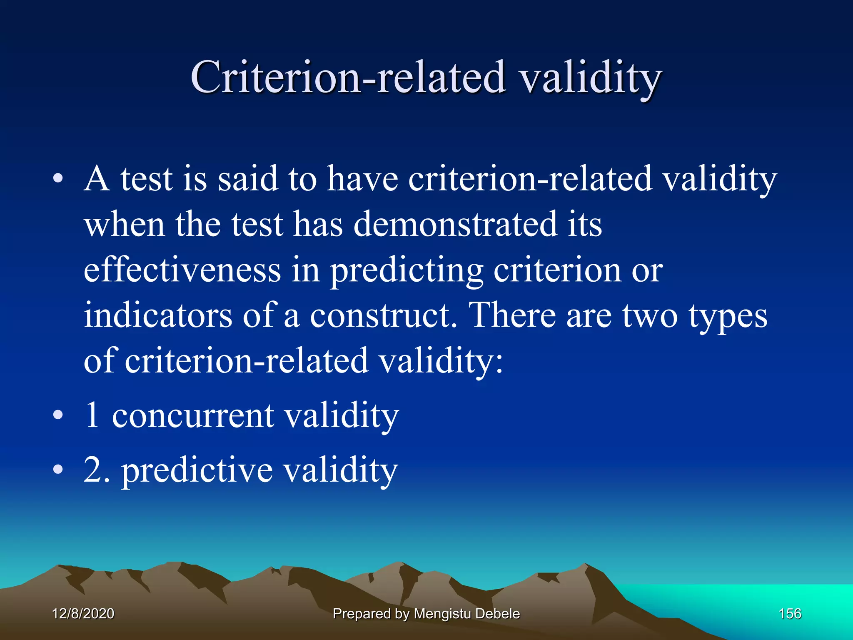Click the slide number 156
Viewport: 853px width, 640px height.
coord(790,613)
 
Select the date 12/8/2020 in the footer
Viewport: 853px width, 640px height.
coord(83,613)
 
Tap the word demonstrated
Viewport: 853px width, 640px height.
coord(455,224)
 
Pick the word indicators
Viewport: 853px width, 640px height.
coord(158,315)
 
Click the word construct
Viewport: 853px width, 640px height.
coord(383,315)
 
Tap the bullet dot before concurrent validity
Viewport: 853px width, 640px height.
coord(58,415)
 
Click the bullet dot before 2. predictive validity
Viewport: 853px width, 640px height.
coord(58,469)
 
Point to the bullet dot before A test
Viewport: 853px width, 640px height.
coord(58,179)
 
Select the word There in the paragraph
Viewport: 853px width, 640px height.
coord(512,315)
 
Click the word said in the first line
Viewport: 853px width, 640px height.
coord(248,179)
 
